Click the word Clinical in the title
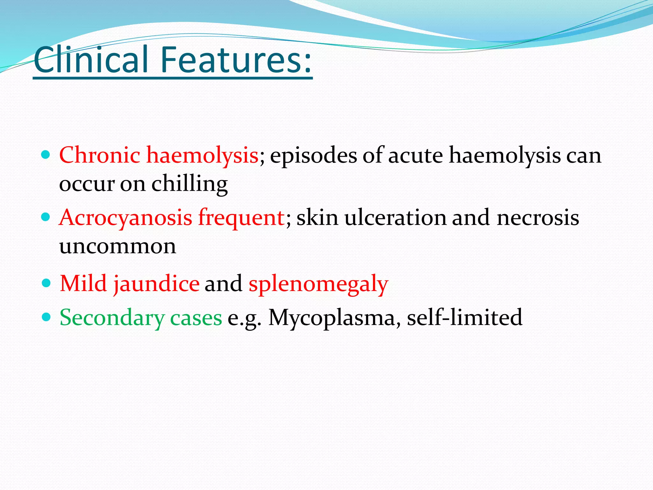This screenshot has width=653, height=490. point(91,60)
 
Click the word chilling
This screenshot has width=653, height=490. point(189,184)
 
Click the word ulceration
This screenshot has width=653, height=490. point(395,218)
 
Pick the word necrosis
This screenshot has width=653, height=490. point(538,218)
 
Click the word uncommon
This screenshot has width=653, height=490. point(118,246)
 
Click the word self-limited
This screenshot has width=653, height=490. point(465,318)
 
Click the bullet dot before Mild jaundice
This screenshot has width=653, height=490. point(46,283)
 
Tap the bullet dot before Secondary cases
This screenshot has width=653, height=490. point(46,317)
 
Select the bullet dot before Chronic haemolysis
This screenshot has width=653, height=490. point(46,155)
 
